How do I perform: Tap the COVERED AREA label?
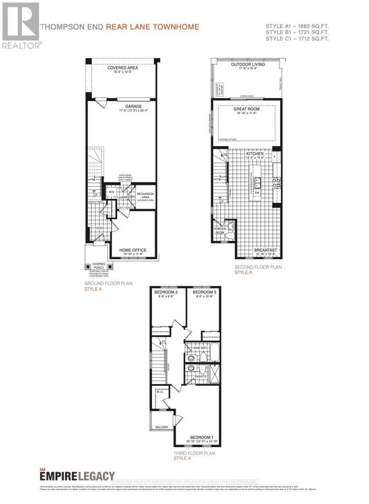point(123,68)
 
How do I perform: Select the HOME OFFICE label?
point(133,250)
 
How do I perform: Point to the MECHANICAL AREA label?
point(145,194)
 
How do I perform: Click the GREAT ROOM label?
point(246,109)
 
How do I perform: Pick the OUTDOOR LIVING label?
point(248,64)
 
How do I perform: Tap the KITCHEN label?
point(255,154)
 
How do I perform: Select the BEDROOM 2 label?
point(166,292)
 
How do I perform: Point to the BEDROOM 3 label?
point(204,292)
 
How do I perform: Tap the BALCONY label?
point(162,427)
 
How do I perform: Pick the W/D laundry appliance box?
point(111,192)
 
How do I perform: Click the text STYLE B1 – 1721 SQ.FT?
point(297,32)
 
